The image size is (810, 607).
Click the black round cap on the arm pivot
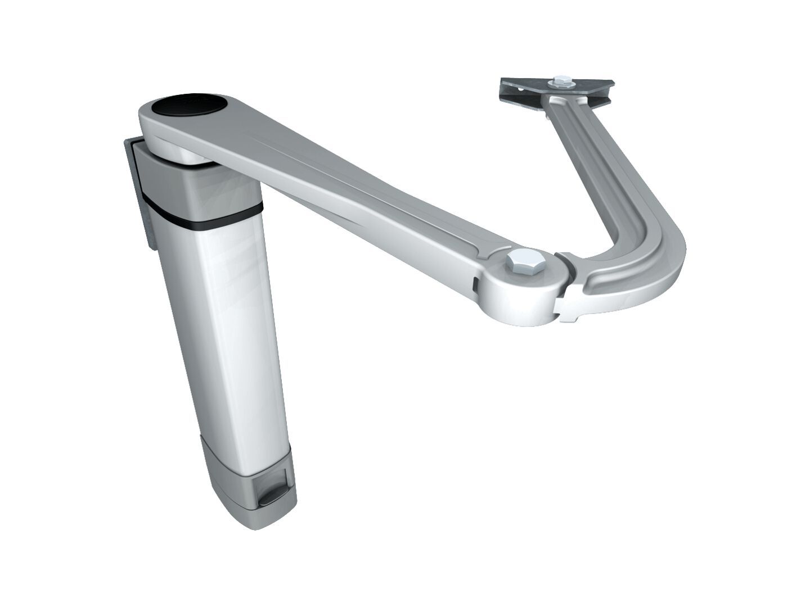pyautogui.click(x=190, y=106)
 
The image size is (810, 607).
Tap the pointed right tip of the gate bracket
pyautogui.click(x=612, y=84)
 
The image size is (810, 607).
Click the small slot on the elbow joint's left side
pyautogui.click(x=475, y=284)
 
